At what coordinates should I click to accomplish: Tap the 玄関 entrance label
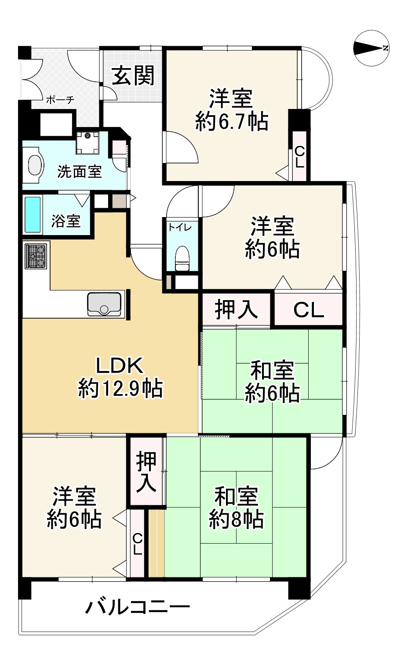click(x=133, y=75)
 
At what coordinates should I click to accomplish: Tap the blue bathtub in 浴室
click(x=33, y=214)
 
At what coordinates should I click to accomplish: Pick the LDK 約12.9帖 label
click(x=120, y=377)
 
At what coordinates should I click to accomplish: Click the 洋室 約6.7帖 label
click(x=231, y=110)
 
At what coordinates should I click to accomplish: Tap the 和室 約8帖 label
click(x=236, y=508)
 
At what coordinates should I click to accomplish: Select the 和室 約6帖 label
click(x=272, y=381)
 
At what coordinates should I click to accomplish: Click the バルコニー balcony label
click(x=138, y=608)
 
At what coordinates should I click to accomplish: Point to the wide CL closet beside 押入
click(x=308, y=310)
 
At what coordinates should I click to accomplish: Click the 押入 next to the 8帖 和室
click(x=146, y=472)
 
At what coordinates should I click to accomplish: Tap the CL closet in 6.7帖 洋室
click(x=299, y=156)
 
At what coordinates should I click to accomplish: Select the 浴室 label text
click(x=66, y=221)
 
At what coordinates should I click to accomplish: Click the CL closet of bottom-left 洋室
click(x=137, y=544)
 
